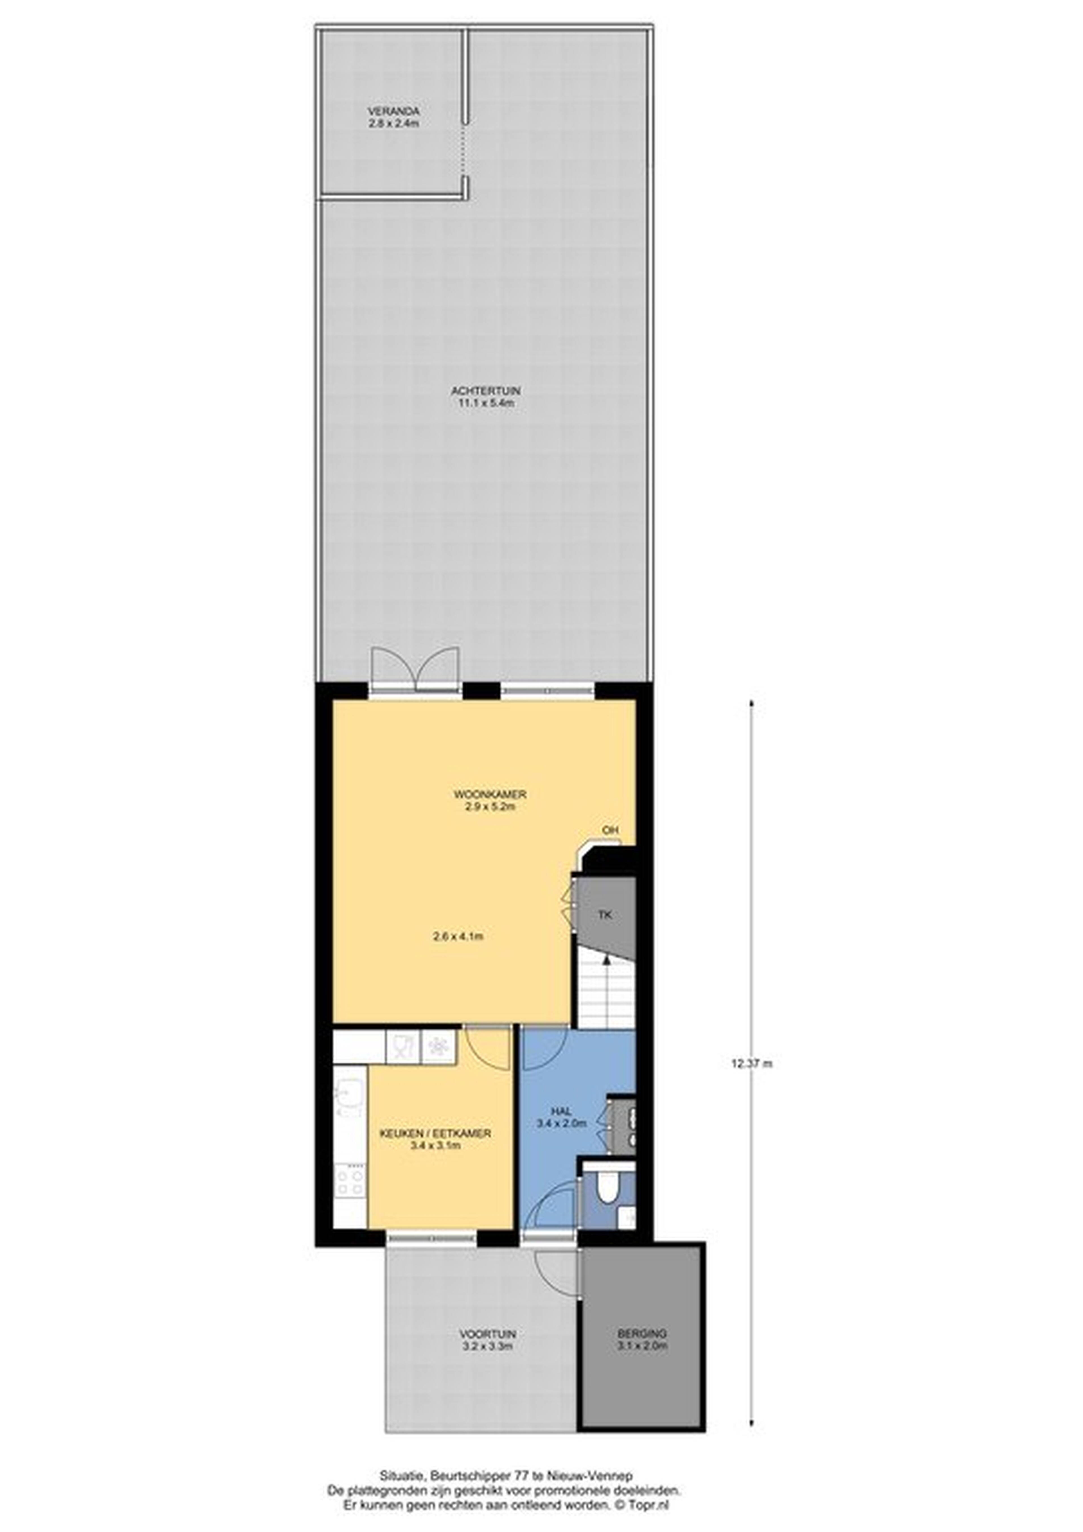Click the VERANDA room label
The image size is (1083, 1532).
click(x=394, y=111)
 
